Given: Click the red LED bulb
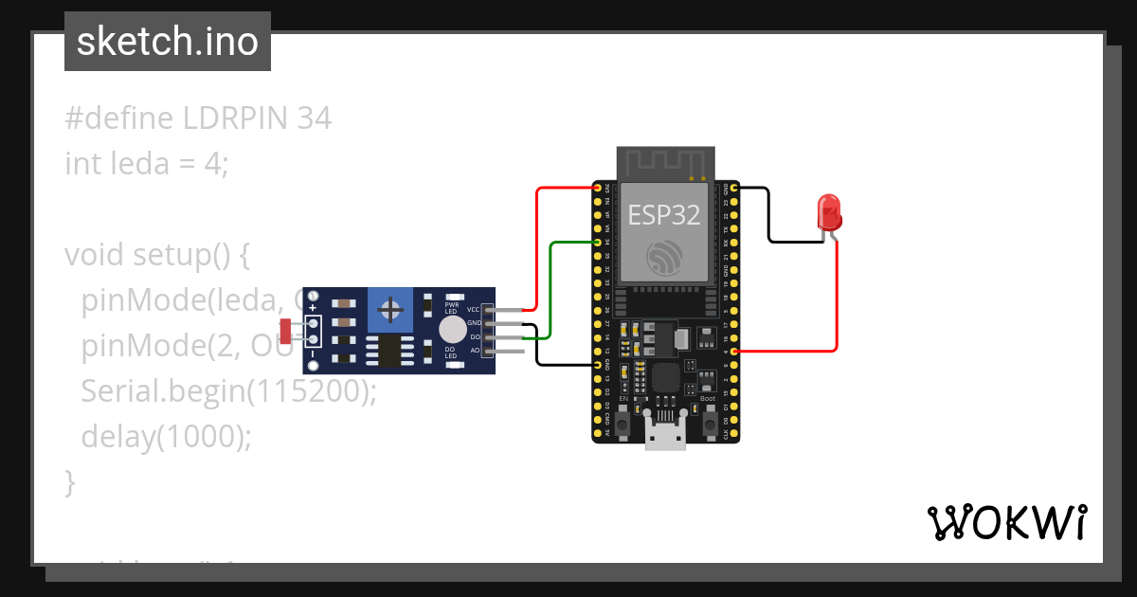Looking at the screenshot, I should click(829, 211).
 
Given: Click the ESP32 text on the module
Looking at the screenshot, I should click(664, 215).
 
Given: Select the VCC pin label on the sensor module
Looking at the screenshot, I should click(474, 310).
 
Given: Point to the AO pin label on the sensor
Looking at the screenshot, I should click(475, 351).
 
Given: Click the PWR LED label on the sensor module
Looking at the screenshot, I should click(451, 307).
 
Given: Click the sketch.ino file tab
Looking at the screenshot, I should click(168, 42).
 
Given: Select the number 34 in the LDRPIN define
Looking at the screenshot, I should click(314, 118).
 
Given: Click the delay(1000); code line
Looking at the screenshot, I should click(167, 436).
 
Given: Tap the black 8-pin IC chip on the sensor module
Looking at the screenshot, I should click(388, 351).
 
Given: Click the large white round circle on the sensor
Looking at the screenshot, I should click(453, 330).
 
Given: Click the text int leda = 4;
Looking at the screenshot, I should click(147, 164).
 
